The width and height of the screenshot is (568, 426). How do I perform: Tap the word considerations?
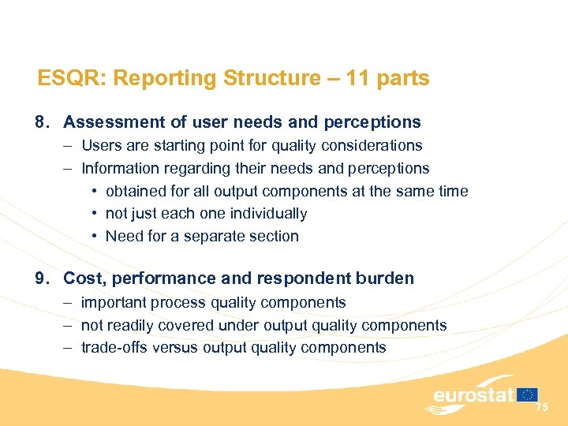(372, 146)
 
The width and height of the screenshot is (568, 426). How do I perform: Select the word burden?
(387, 278)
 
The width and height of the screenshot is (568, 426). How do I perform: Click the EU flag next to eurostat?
(529, 394)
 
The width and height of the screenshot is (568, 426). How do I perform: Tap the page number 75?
(541, 408)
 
